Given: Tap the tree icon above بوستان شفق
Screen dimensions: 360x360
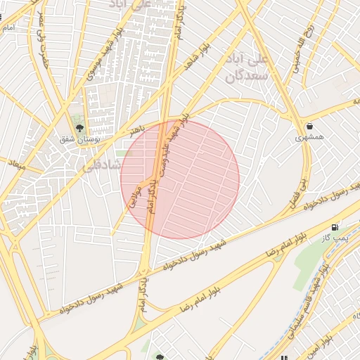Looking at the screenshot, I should (x=79, y=128).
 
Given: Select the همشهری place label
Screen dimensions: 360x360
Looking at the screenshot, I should (x=310, y=137).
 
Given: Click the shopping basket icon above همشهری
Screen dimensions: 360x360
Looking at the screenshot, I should (x=310, y=126).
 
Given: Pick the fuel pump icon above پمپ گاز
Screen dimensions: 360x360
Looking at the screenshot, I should (x=333, y=228).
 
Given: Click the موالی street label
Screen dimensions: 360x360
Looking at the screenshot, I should (x=135, y=196).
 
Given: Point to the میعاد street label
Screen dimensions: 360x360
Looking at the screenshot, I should (x=16, y=165).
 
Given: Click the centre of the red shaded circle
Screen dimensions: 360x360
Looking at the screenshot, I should (x=180, y=179).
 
